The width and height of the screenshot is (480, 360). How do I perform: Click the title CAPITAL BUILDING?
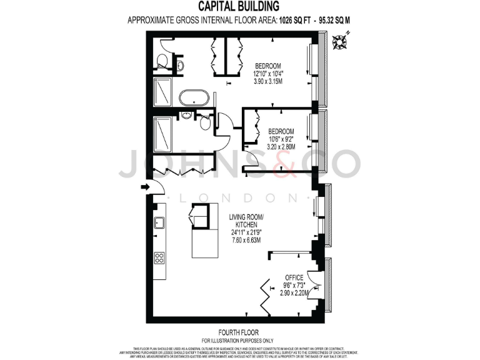[239, 6]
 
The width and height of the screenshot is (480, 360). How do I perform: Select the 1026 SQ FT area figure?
[273, 19]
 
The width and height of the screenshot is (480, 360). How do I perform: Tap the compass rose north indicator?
[341, 42]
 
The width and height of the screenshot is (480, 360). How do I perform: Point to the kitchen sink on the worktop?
[159, 222]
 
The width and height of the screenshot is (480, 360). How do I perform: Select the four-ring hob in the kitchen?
[159, 257]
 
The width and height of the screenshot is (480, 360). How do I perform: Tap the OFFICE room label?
[294, 277]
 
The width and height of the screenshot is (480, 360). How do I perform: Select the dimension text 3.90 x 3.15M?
[267, 81]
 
